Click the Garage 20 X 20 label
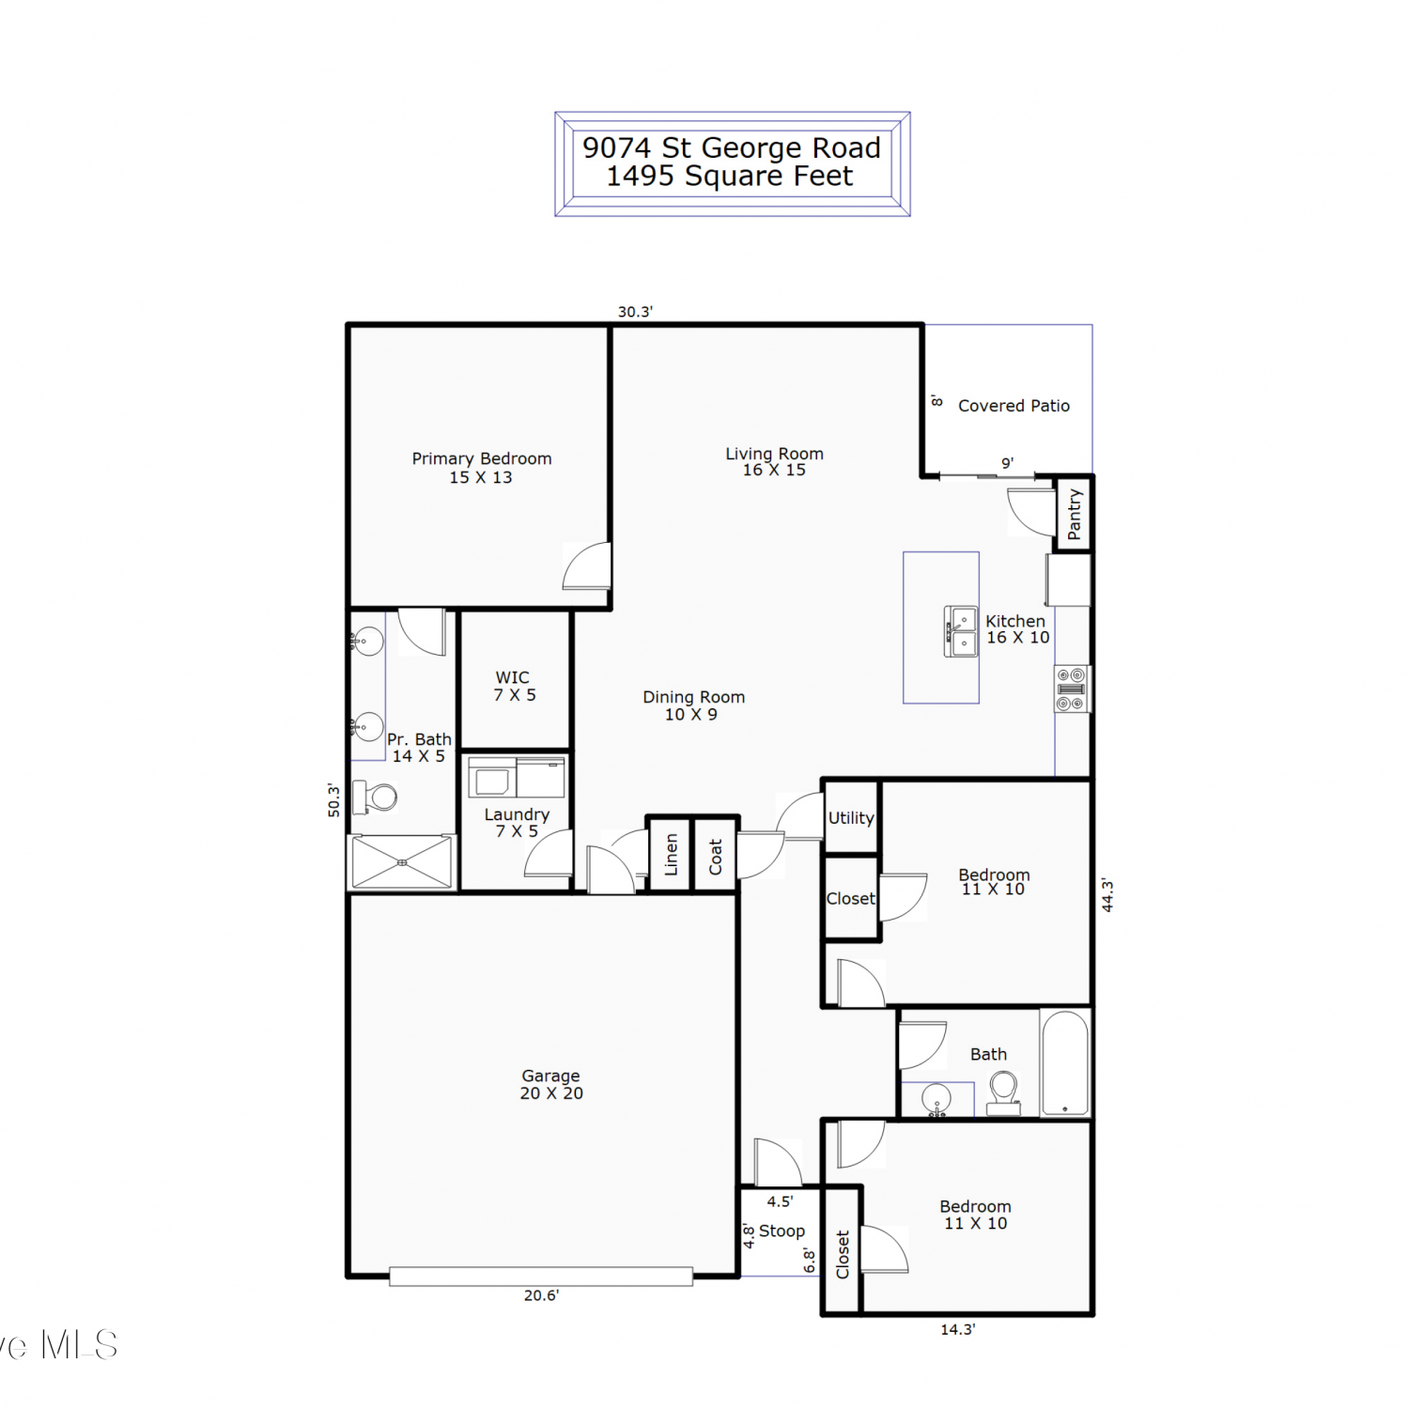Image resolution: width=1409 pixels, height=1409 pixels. tap(551, 1084)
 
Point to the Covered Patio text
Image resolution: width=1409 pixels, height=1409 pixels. tap(1014, 406)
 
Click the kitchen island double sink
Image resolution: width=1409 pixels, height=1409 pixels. tap(960, 630)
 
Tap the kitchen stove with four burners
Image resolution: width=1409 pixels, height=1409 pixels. tap(1072, 689)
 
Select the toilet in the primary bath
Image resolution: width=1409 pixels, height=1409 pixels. tap(375, 797)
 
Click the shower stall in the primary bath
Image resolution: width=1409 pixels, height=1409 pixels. tap(402, 861)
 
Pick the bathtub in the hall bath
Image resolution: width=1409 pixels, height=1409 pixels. tap(1065, 1063)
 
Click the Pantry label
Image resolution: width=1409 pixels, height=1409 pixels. tap(1075, 514)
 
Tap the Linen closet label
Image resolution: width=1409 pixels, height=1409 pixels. tap(671, 855)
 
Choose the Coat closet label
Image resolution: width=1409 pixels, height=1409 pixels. tap(716, 857)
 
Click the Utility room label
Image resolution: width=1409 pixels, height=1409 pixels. tap(851, 818)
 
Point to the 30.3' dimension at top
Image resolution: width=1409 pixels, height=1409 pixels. tap(635, 312)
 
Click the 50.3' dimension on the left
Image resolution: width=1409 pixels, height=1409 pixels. tap(333, 799)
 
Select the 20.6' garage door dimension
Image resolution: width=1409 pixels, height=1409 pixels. tap(541, 1295)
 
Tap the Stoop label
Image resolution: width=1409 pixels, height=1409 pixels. tap(782, 1231)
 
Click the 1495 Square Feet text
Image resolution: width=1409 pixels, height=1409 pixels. tap(730, 177)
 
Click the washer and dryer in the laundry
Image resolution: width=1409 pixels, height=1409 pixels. tap(517, 778)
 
